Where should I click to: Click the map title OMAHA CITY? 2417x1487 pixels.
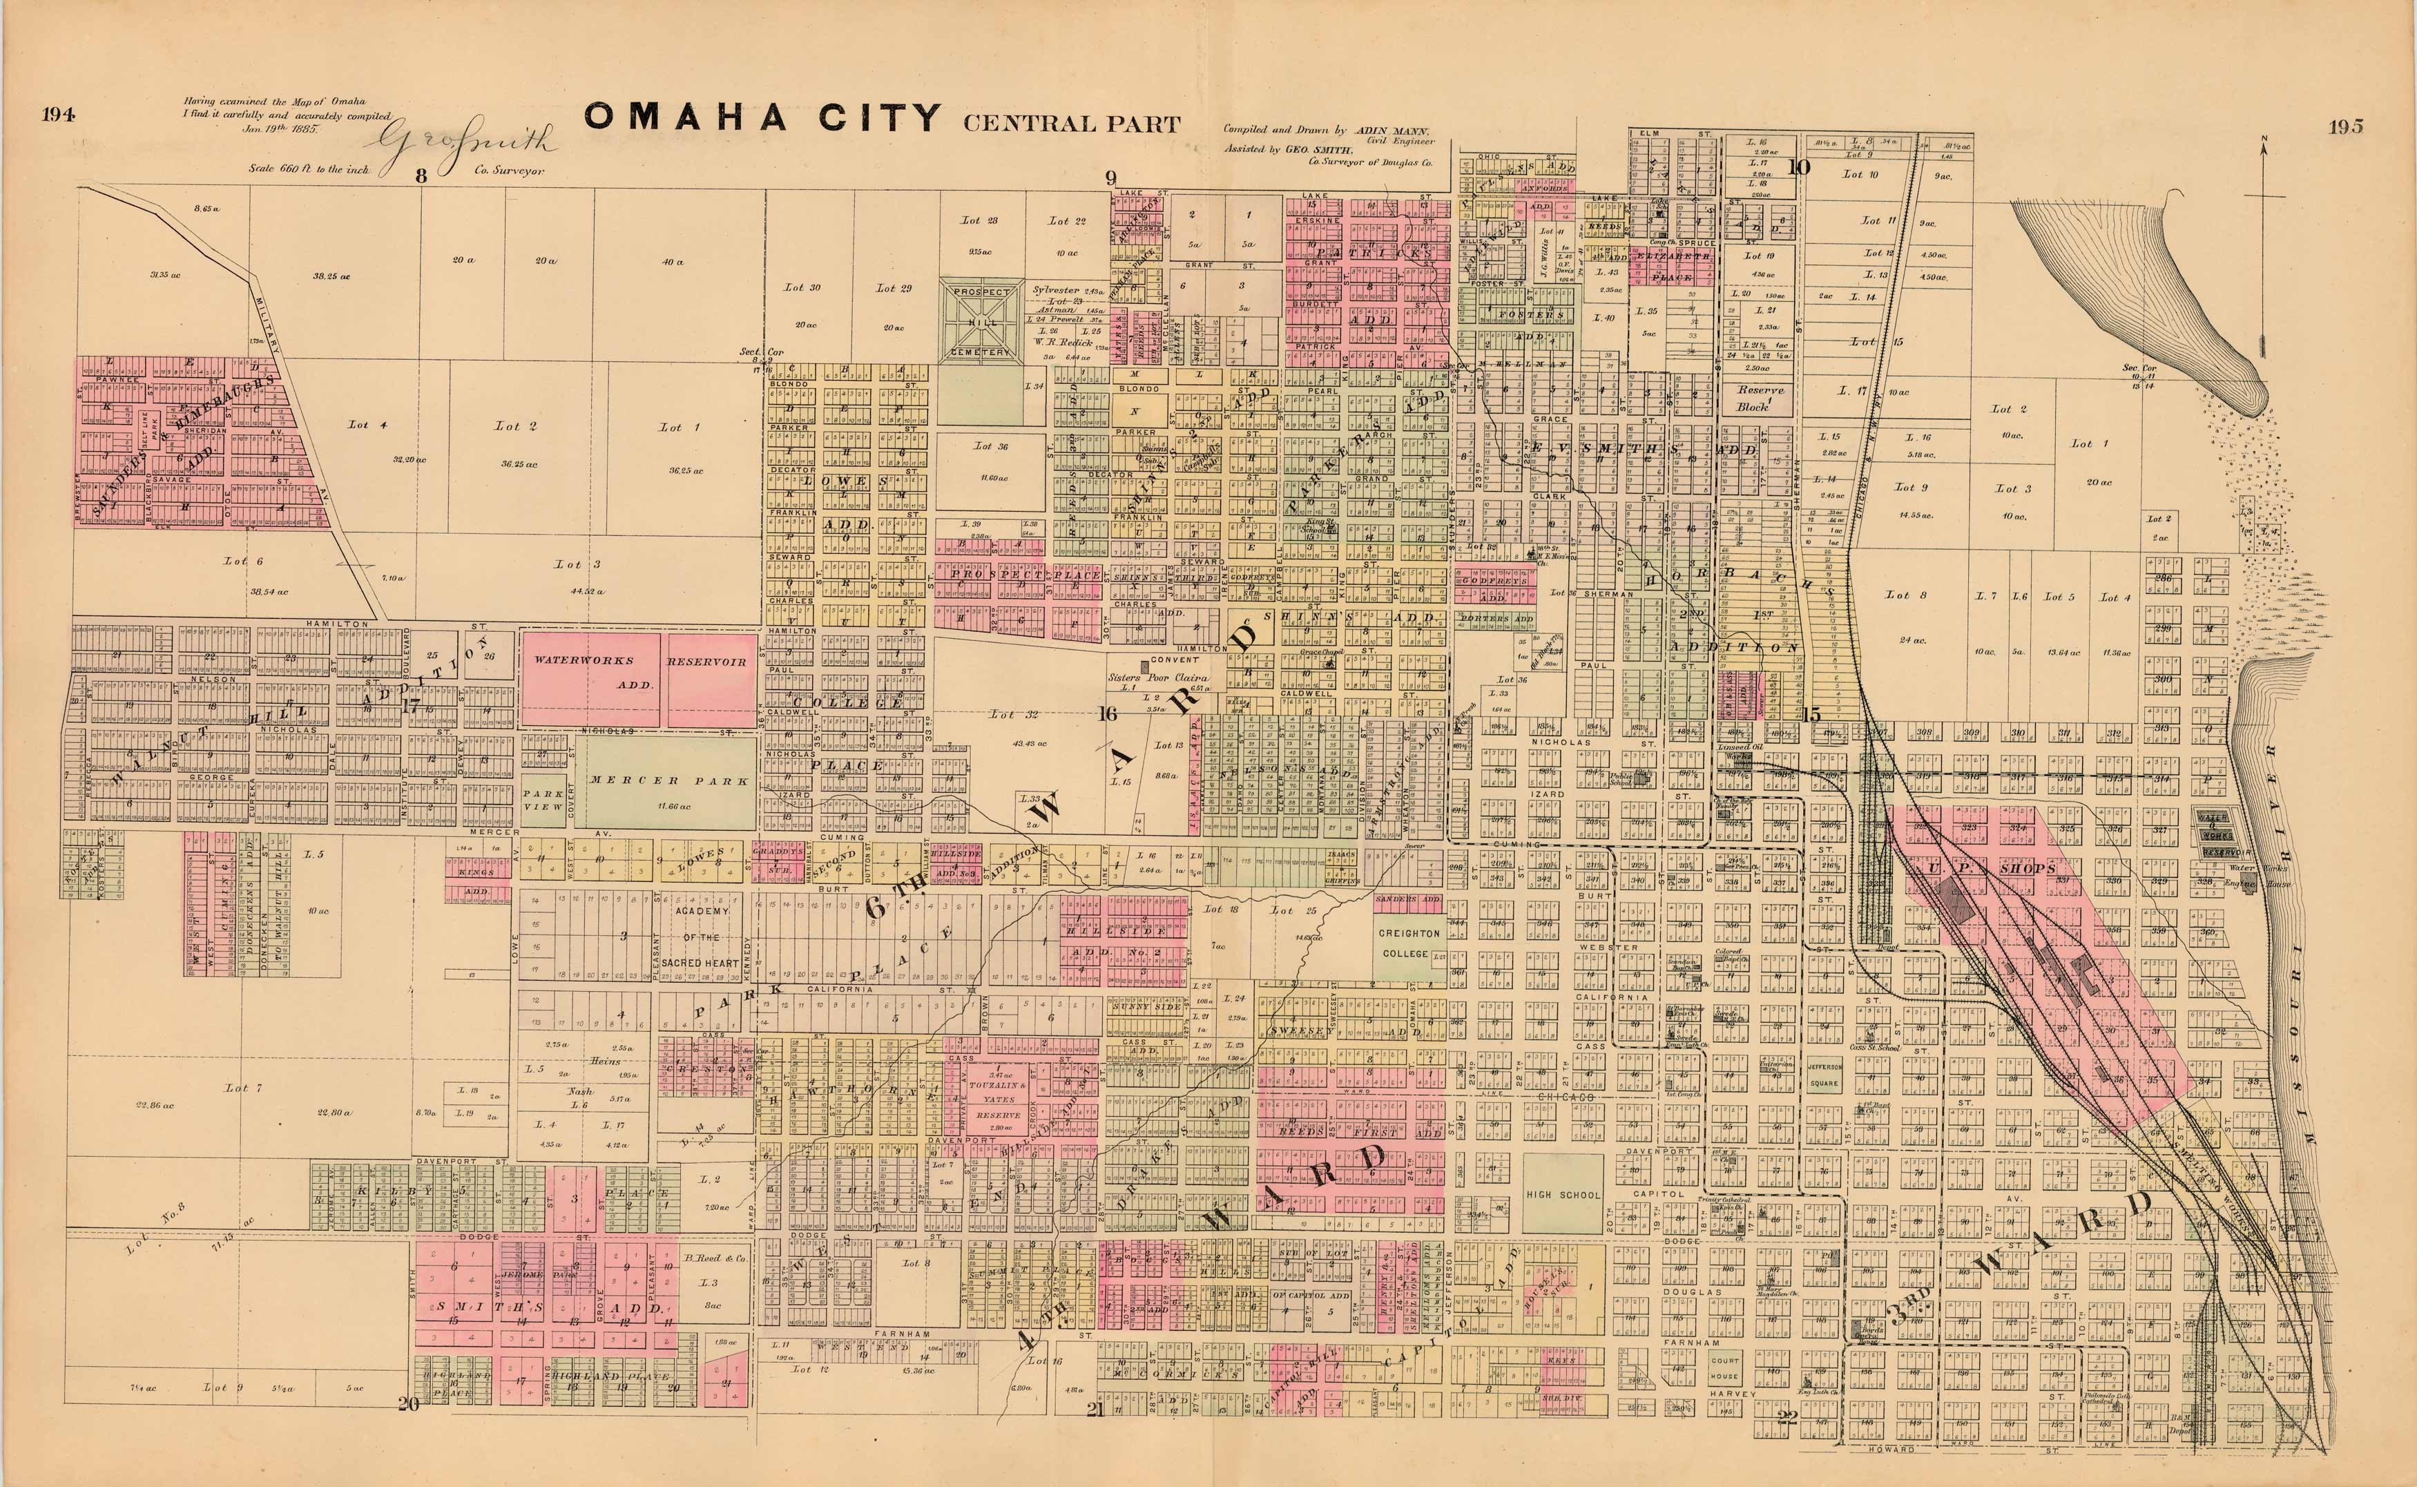click(x=762, y=118)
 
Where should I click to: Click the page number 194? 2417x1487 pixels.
click(x=59, y=114)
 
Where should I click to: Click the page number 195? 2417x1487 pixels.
click(x=2344, y=126)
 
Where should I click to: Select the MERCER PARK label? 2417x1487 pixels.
click(x=668, y=781)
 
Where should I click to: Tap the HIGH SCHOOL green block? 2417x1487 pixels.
click(x=1563, y=1194)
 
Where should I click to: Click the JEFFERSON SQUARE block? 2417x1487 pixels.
click(x=1823, y=1074)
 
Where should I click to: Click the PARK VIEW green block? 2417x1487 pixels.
click(x=543, y=800)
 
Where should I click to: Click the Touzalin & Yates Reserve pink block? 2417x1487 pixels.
click(x=997, y=1100)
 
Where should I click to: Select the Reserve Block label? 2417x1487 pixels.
click(x=1758, y=397)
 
